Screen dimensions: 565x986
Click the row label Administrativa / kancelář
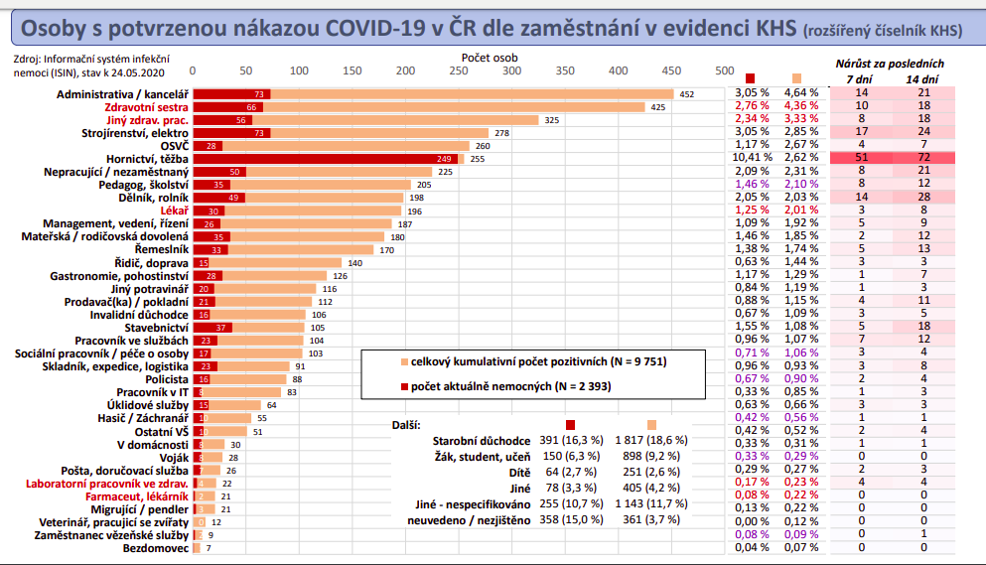tap(122, 93)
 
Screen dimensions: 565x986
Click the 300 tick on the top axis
tap(511, 71)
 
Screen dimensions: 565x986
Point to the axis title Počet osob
tap(490, 58)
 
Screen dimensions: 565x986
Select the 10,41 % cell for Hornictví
tap(753, 158)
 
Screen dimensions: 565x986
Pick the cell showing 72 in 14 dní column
tap(923, 158)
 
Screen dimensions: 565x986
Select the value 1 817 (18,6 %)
tap(651, 439)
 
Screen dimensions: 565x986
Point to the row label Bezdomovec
tap(154, 547)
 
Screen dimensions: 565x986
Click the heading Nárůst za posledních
tap(890, 64)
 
